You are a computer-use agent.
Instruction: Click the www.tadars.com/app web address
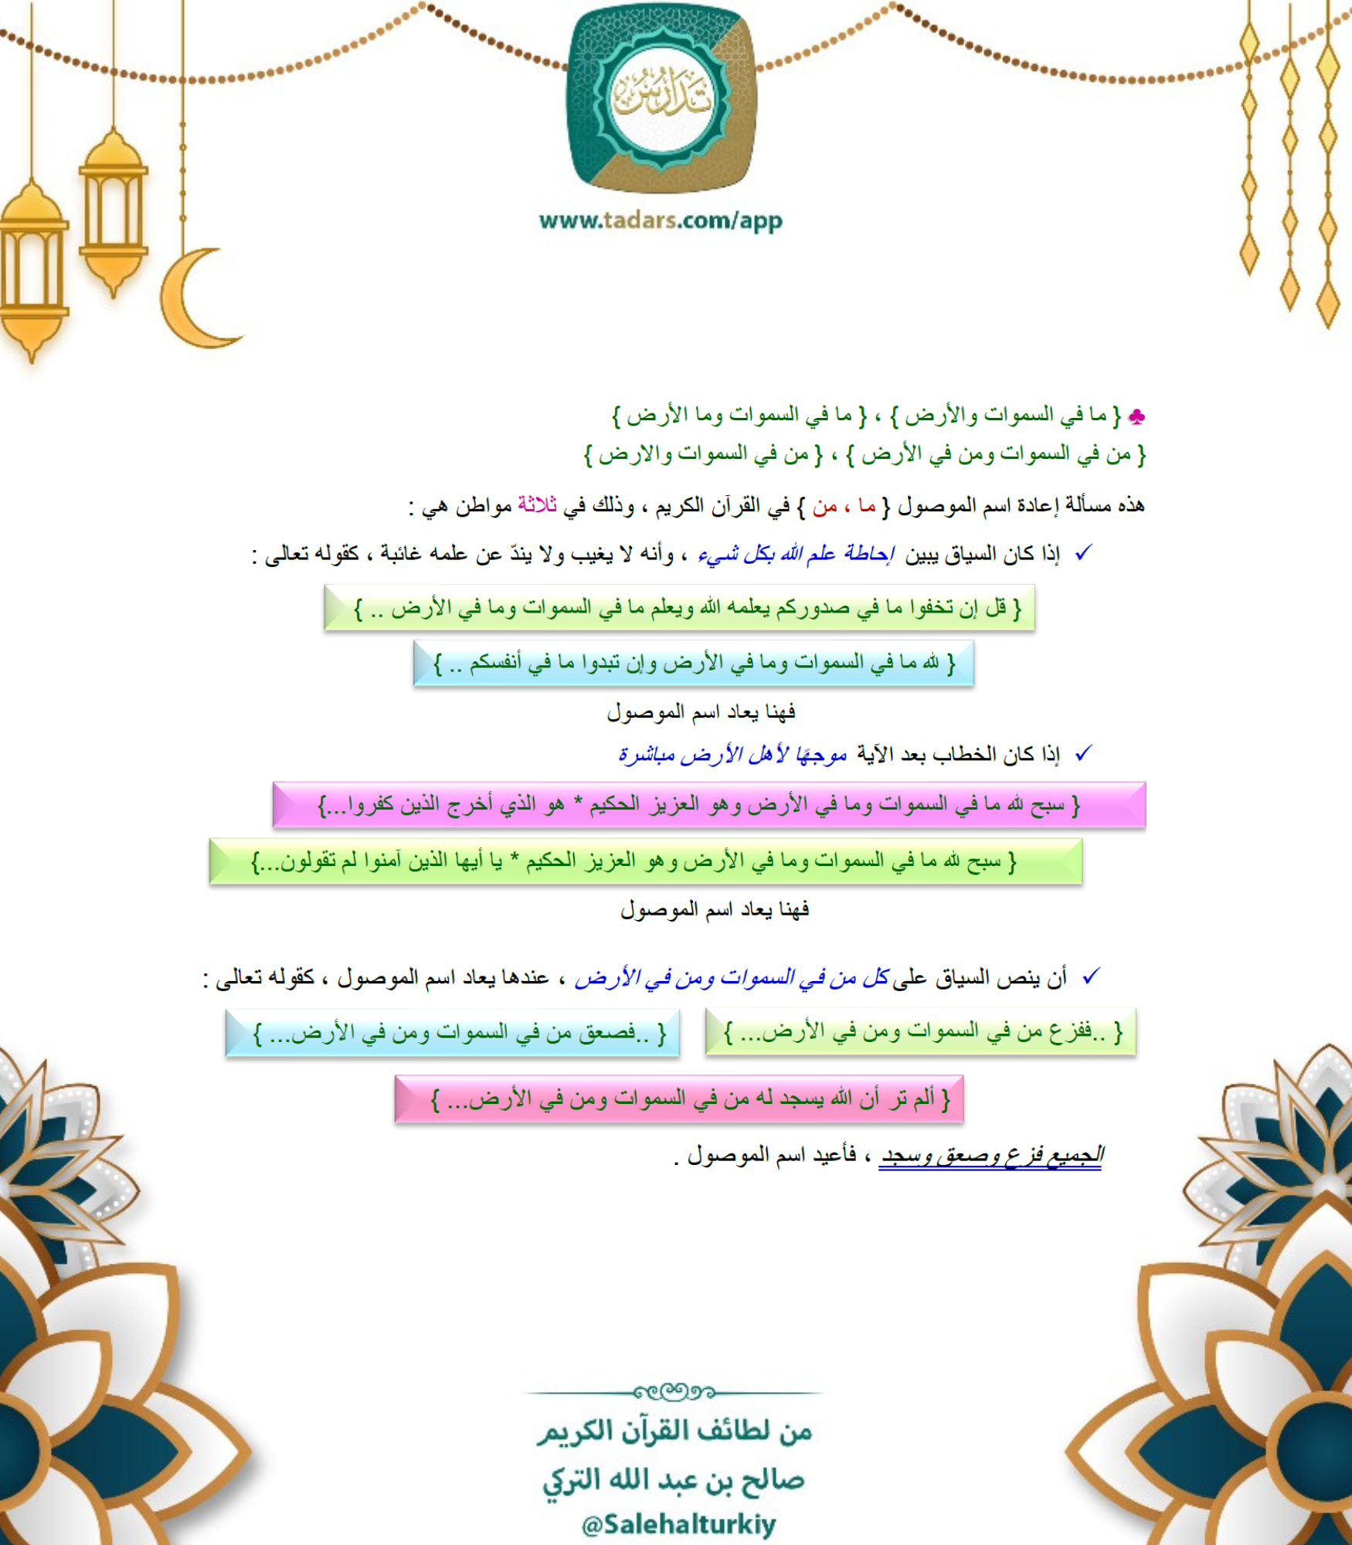661,221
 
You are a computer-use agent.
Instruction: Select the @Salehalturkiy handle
678,1524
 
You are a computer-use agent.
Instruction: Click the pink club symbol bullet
1136,417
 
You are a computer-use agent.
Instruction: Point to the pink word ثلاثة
537,505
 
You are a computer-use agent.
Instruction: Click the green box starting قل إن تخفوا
679,608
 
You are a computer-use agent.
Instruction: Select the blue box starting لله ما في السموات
693,663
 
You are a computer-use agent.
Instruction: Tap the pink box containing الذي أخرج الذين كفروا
708,805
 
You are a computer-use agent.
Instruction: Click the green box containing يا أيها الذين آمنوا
645,861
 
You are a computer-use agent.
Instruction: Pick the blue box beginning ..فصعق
452,1034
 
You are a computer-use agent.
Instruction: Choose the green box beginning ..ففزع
920,1032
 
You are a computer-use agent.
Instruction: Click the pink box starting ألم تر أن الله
678,1098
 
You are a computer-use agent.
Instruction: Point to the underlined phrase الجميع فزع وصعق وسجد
991,1156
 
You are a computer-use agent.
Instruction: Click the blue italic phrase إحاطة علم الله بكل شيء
796,554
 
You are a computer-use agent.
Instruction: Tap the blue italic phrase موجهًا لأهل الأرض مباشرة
732,754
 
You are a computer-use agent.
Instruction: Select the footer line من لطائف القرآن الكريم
675,1431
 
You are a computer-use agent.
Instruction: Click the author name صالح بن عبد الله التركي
674,1480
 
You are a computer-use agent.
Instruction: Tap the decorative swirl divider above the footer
674,1392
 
